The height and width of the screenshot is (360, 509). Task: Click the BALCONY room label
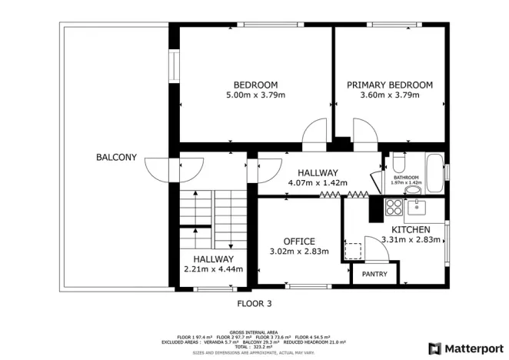[116, 158]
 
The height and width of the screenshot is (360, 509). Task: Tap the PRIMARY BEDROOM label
[389, 85]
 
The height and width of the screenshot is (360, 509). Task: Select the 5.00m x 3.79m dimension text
[255, 95]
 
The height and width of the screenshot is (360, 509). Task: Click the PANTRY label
[374, 273]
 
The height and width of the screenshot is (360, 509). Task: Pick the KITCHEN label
[411, 229]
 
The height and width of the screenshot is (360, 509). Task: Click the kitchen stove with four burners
[394, 207]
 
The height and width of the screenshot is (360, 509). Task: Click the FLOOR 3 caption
[254, 303]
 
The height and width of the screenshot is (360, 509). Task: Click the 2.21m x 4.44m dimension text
[213, 269]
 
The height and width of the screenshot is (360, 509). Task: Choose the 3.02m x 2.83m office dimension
[299, 252]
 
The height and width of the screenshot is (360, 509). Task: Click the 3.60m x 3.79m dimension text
[389, 95]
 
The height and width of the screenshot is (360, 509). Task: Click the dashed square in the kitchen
[354, 252]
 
